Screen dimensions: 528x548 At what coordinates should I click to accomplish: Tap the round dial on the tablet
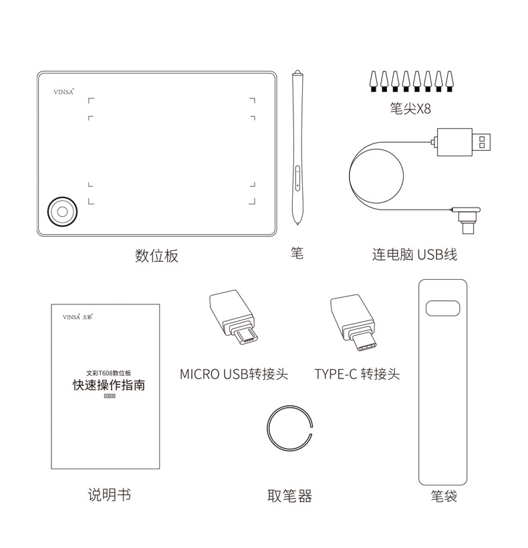[x=61, y=210]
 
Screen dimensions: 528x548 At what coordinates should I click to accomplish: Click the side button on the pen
[x=297, y=179]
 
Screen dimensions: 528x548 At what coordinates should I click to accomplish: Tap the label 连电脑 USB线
[x=414, y=254]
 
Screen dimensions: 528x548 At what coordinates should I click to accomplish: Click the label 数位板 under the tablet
[x=157, y=256]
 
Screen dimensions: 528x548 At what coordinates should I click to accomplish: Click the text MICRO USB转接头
[x=233, y=374]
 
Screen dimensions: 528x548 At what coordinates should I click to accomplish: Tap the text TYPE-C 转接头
[x=357, y=374]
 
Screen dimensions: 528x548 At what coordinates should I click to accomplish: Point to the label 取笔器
[x=289, y=496]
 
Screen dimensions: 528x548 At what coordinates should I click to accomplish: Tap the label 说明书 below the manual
[x=109, y=495]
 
